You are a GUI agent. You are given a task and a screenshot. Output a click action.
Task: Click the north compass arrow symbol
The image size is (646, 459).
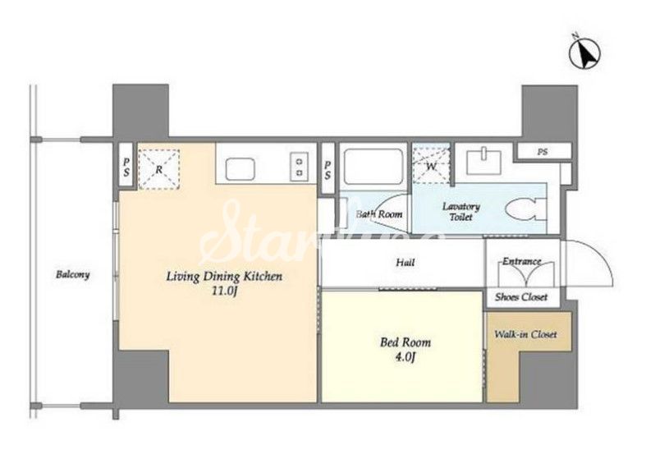(584, 53)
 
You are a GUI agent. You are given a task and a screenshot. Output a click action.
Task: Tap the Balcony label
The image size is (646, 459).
(72, 274)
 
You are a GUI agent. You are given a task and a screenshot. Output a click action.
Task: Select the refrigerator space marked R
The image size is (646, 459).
(158, 169)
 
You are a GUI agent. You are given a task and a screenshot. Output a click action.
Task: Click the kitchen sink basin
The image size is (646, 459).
(240, 168)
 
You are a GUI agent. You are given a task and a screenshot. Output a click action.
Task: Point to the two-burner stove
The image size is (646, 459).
(300, 167)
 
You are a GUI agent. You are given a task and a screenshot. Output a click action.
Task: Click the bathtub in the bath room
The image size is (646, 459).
(373, 166)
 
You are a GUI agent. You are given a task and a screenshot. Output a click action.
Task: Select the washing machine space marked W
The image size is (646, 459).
(431, 163)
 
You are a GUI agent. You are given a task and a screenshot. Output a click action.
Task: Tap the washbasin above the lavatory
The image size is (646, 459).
(483, 162)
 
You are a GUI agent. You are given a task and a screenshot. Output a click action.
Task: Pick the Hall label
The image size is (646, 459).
(405, 262)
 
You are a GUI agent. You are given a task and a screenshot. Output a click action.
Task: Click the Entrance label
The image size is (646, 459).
(521, 261)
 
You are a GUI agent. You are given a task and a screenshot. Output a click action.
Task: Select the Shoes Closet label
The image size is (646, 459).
(521, 296)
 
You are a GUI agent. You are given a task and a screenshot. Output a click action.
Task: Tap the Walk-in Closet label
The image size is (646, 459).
(525, 334)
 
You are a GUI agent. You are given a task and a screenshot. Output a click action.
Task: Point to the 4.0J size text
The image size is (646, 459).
(405, 357)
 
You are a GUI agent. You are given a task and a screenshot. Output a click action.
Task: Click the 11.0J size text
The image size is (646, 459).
(224, 291)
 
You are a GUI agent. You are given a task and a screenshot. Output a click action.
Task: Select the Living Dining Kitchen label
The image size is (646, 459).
(224, 277)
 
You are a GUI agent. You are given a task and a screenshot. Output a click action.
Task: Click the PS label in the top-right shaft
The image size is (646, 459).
(543, 152)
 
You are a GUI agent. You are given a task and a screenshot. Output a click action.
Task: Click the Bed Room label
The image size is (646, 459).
(405, 342)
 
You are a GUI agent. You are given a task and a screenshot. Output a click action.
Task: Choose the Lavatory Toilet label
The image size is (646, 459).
(461, 211)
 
